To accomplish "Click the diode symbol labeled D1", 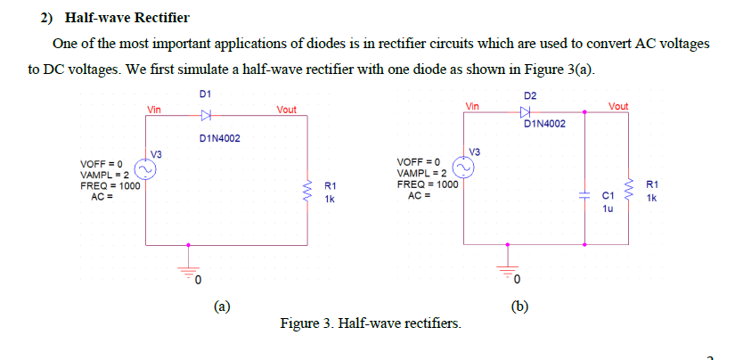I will (x=207, y=115).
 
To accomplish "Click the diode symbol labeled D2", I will (x=525, y=112).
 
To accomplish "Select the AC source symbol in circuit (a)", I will (x=145, y=168).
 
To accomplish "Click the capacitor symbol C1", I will (x=584, y=192).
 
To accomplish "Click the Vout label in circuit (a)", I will (x=287, y=110).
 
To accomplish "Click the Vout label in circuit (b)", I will (x=617, y=106).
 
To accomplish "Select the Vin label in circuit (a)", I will (x=154, y=110).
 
